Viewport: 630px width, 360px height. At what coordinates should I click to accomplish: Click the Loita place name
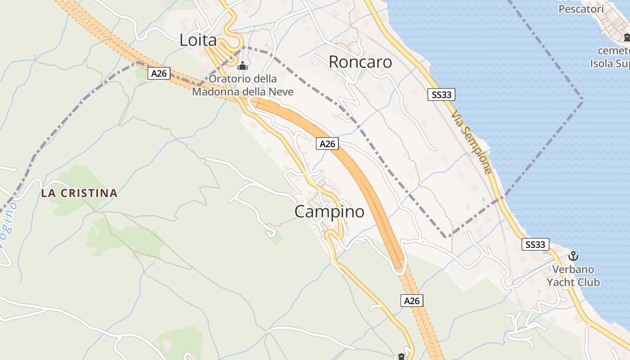[x=198, y=40]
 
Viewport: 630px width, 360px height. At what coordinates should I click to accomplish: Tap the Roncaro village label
[x=360, y=62]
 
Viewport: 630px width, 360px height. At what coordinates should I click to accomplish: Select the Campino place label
[x=329, y=211]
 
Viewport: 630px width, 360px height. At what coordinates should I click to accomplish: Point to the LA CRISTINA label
[x=79, y=193]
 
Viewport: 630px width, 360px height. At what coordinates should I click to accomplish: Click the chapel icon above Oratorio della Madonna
[x=243, y=66]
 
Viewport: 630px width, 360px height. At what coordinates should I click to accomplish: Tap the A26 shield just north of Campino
[x=327, y=144]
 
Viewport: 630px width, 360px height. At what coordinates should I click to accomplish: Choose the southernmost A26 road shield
[x=412, y=301]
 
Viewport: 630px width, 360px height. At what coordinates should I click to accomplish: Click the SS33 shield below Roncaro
[x=441, y=94]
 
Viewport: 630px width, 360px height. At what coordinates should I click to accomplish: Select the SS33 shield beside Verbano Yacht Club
[x=535, y=244]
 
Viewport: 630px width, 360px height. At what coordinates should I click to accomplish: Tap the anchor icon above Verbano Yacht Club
[x=573, y=256]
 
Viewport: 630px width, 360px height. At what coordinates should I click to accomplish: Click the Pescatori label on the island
[x=580, y=9]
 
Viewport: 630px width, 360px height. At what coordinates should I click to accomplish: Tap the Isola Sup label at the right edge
[x=610, y=63]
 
